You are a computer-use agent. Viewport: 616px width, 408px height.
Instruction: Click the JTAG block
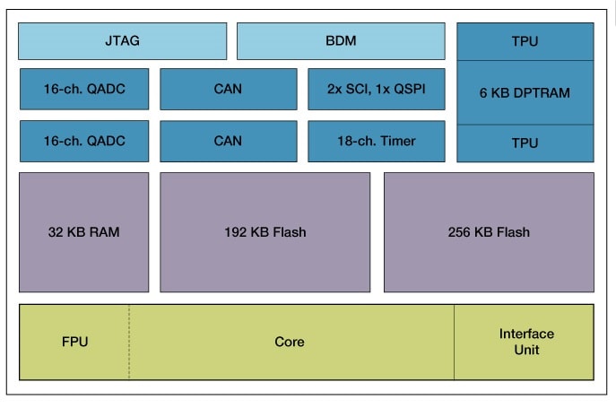(x=122, y=41)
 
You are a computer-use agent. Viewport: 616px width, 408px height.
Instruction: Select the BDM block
(x=341, y=41)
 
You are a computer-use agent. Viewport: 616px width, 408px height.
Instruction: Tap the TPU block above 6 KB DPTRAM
(x=525, y=41)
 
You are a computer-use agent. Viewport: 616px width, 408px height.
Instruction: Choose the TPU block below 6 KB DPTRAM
(x=525, y=143)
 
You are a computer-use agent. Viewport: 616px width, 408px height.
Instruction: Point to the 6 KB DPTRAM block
(x=525, y=92)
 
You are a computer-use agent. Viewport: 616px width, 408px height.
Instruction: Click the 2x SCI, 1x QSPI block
(x=376, y=89)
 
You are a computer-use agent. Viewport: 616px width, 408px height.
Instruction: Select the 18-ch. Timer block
(x=376, y=141)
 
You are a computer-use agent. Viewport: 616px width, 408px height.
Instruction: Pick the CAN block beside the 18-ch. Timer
(x=228, y=141)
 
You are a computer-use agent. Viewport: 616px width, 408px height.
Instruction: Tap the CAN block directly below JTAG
(x=228, y=89)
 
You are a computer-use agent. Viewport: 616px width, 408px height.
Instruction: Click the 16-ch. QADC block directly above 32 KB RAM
(x=84, y=141)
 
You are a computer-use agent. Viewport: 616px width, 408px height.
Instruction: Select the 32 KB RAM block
(x=84, y=232)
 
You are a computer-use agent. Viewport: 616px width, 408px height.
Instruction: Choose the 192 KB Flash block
(x=265, y=232)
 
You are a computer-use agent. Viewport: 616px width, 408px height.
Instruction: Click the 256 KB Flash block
(x=489, y=232)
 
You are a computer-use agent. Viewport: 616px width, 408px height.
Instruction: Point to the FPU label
(x=75, y=342)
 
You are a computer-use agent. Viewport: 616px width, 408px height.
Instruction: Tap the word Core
(x=290, y=342)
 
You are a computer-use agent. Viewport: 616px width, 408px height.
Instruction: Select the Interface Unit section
(x=525, y=342)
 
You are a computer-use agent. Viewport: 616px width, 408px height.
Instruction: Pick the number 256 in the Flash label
(x=460, y=232)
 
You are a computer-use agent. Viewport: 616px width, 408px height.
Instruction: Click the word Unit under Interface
(x=526, y=350)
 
